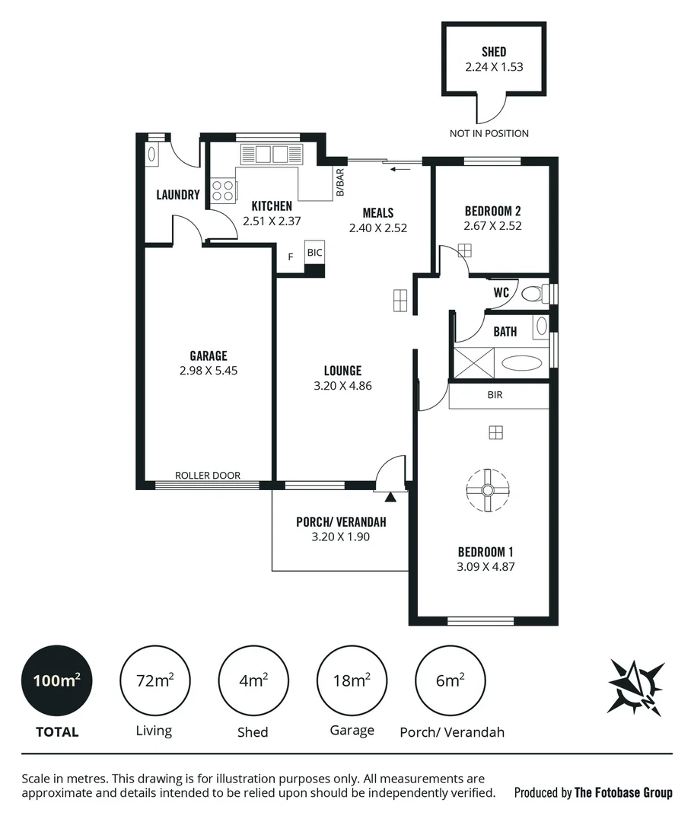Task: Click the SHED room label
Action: pos(494,52)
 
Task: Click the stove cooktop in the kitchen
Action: pos(223,190)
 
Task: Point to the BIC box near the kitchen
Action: pos(314,253)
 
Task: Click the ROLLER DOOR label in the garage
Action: pos(208,475)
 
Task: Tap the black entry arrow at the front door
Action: pos(390,497)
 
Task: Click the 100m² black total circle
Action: pos(57,680)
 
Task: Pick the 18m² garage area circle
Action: pos(352,680)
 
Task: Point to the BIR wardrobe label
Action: pos(495,395)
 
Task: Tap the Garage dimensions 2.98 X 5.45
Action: pos(209,371)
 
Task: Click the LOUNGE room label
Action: pos(342,371)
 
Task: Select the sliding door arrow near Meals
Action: pos(396,169)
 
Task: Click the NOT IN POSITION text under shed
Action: pos(489,133)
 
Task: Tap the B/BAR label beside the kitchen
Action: pos(339,183)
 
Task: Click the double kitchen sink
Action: pos(271,155)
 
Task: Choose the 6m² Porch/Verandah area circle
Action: pos(450,680)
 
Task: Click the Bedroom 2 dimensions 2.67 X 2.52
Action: pos(492,225)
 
